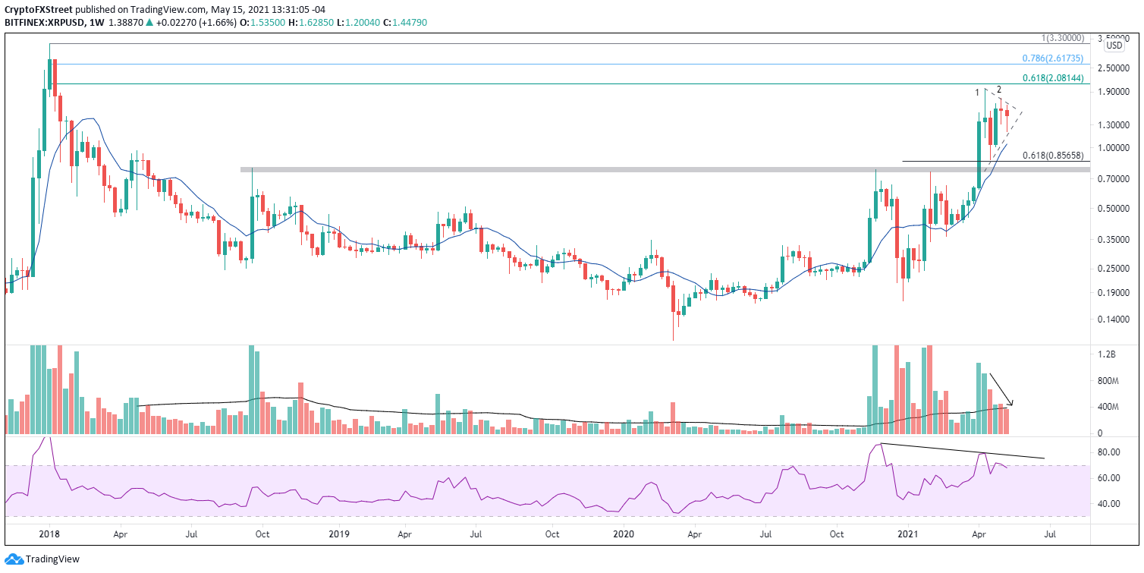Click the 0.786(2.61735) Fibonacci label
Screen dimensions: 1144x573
click(x=1052, y=58)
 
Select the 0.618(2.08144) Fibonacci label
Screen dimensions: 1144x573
click(x=1052, y=78)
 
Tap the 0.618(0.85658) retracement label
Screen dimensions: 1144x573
click(x=1052, y=156)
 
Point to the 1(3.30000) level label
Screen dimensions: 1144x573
click(x=1062, y=39)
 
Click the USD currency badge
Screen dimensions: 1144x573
click(x=1114, y=46)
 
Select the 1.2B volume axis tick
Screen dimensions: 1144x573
click(x=1107, y=354)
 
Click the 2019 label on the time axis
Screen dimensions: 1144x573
click(x=339, y=534)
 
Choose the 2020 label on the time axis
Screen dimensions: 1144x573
click(x=624, y=534)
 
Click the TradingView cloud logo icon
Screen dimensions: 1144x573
click(x=14, y=559)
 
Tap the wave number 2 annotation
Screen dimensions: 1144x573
click(x=999, y=90)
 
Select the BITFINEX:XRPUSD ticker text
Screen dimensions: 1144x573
click(x=45, y=23)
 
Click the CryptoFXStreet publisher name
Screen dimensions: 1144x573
click(x=39, y=10)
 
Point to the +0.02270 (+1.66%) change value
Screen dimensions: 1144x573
click(x=196, y=23)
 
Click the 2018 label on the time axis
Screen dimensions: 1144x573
click(x=49, y=534)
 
